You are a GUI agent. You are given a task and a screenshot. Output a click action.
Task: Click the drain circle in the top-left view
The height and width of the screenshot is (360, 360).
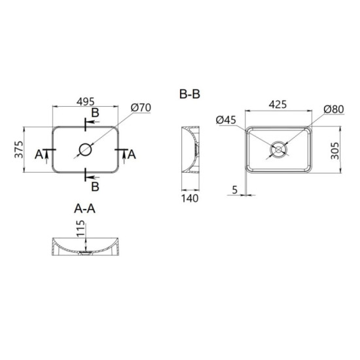coord(86,149)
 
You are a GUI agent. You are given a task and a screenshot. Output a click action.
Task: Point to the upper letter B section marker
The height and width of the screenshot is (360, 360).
coord(95,114)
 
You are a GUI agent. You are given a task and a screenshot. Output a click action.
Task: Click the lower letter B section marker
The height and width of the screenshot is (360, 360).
coord(95,187)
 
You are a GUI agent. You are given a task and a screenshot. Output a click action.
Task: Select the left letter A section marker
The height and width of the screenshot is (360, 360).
coord(39,154)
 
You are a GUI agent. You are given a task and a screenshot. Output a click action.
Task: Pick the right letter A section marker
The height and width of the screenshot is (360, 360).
coord(132,154)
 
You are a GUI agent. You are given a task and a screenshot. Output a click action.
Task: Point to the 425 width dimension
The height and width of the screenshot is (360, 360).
coord(279,104)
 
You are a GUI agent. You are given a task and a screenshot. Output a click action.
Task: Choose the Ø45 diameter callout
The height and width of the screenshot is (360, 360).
coord(225,119)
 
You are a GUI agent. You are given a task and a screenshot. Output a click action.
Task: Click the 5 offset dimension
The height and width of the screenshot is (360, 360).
coord(234,190)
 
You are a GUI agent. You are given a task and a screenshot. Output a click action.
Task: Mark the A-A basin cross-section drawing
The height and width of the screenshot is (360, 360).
coord(86,247)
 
